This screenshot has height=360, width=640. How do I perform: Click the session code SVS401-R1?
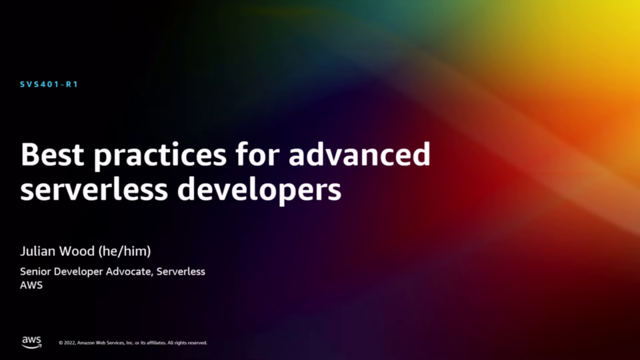click(49, 85)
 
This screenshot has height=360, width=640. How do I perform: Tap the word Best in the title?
click(52, 154)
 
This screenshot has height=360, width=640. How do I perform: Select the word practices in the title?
click(160, 156)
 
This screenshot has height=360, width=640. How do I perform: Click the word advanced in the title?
click(359, 154)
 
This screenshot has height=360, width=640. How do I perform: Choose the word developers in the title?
click(259, 191)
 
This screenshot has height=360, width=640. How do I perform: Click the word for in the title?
click(257, 154)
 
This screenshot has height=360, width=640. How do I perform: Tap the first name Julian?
click(38, 251)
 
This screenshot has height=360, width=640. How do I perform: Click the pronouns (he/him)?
click(125, 251)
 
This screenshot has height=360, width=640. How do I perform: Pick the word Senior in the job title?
click(35, 271)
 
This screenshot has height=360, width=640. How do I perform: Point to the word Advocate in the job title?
click(129, 272)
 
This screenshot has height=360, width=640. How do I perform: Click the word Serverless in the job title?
click(181, 271)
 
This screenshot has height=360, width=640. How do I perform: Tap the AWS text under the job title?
click(31, 285)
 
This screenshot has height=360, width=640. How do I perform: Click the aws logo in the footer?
click(31, 342)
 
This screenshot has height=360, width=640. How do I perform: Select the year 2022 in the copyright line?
click(69, 343)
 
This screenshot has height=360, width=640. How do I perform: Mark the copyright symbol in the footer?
click(61, 343)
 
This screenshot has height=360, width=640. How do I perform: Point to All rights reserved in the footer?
click(187, 343)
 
